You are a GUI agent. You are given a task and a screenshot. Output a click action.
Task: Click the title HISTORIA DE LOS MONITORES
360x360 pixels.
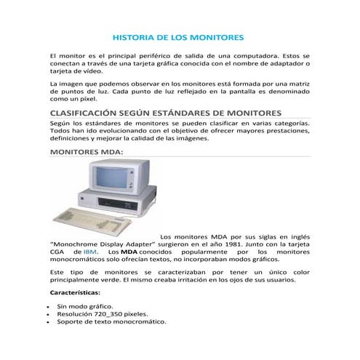click(x=180, y=36)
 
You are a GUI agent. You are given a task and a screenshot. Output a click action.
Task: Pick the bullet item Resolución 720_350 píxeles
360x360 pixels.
click(x=102, y=313)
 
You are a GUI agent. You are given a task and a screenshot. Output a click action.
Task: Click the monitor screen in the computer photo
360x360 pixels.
click(x=111, y=177)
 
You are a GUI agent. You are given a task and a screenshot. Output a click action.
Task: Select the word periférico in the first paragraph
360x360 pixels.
click(x=162, y=56)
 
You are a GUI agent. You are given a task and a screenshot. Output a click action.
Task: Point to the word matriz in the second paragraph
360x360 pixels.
click(x=299, y=84)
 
